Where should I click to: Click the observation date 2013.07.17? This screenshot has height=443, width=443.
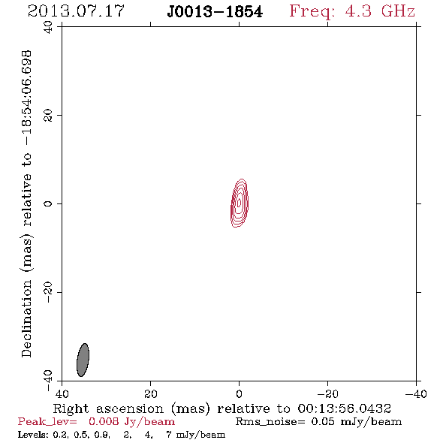76,11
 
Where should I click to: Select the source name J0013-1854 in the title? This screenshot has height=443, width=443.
215,12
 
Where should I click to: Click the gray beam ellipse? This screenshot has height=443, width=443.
83,360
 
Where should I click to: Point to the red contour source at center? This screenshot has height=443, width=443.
240,203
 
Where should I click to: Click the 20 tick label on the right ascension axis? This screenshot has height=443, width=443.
151,393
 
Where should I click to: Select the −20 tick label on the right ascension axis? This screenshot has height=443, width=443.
327,393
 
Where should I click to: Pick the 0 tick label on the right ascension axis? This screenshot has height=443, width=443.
240,393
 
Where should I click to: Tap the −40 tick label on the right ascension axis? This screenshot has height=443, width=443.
416,393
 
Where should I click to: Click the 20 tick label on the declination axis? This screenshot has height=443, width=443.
48,116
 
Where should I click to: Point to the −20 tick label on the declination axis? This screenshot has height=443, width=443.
48,292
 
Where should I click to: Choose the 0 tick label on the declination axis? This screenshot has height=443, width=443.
48,203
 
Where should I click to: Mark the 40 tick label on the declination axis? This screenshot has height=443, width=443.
48,27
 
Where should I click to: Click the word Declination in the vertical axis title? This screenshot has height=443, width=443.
26,318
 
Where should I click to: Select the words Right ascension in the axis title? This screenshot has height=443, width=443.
108,408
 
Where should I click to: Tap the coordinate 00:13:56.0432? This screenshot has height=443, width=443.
344,408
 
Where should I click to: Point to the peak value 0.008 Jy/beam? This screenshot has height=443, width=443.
132,421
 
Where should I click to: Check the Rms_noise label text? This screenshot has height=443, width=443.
270,422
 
